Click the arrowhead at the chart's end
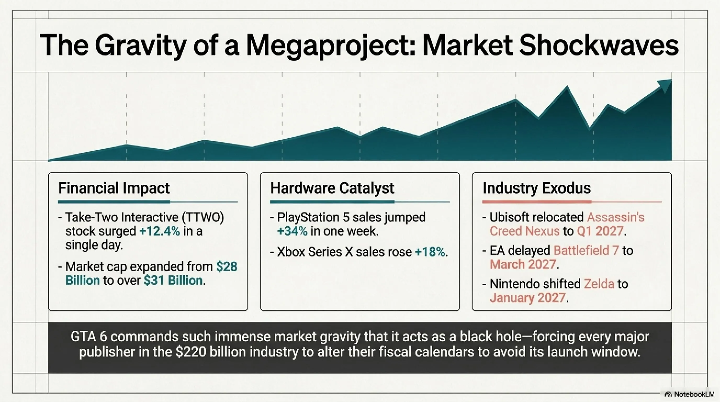(665, 85)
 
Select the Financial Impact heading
(114, 188)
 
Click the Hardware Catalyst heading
(332, 188)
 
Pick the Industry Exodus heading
(537, 188)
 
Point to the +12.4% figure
(160, 231)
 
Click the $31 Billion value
(173, 280)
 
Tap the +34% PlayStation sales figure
(292, 231)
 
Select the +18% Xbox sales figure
(430, 252)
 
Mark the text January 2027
(528, 298)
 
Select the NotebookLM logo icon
(668, 394)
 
